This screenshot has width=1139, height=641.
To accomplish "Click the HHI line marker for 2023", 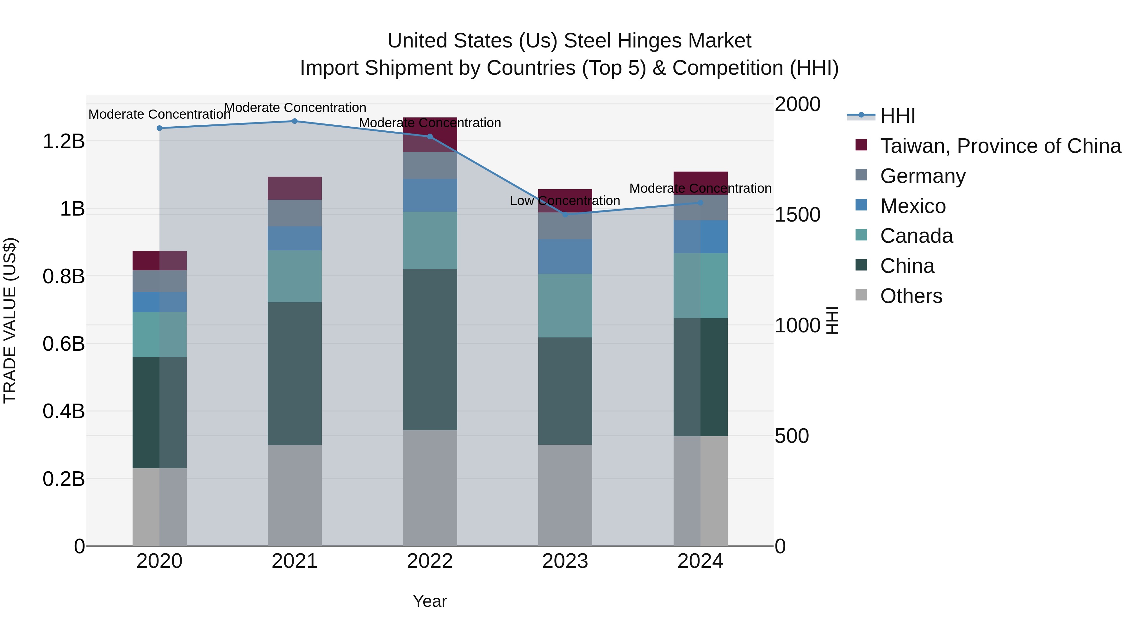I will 565,215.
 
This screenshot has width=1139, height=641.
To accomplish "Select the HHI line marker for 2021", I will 295,121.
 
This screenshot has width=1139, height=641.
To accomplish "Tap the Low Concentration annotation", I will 565,201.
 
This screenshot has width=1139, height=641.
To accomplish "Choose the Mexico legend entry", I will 912,206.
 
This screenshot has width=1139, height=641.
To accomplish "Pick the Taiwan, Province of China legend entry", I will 1000,146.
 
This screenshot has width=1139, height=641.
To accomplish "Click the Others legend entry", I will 911,296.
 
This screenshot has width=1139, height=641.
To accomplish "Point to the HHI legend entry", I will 897,116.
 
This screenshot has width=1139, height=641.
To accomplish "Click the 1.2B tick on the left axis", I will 64,141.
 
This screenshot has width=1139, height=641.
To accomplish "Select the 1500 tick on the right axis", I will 797,215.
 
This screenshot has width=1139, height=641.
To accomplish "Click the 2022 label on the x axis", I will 430,561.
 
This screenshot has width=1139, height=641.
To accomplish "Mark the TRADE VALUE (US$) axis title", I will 10,320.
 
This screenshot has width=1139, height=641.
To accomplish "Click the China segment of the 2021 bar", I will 295,374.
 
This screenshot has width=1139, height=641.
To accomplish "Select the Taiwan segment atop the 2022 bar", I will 430,135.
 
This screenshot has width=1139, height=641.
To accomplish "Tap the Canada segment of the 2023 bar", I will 565,306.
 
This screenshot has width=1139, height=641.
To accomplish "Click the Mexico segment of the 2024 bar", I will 700,237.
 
